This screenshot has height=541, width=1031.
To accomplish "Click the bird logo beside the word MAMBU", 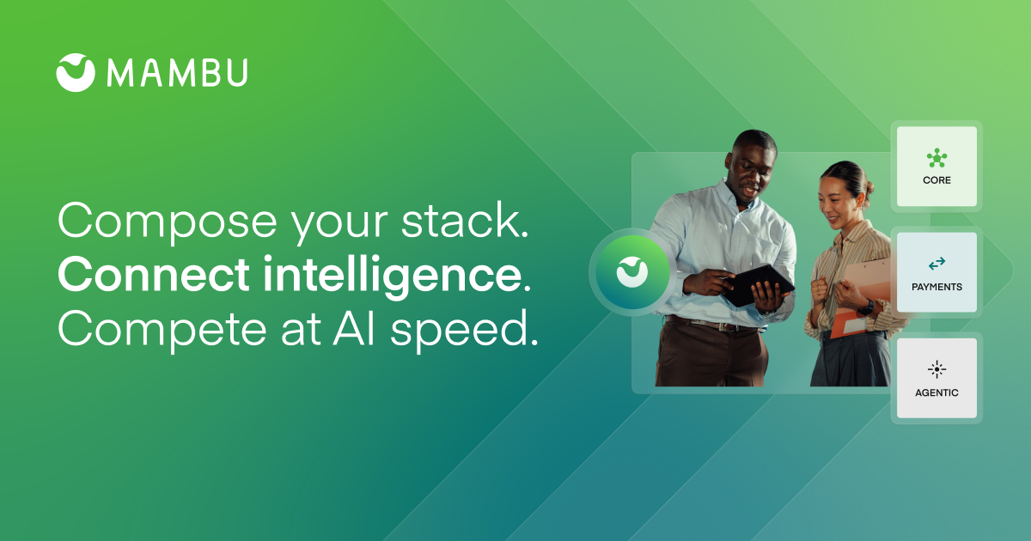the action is (x=76, y=73).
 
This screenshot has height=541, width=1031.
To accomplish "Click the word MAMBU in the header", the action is (x=178, y=73).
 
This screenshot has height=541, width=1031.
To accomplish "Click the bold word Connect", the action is (x=154, y=274).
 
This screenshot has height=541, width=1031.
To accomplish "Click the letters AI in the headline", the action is (x=353, y=327).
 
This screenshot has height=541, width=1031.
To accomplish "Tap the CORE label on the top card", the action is (x=936, y=179).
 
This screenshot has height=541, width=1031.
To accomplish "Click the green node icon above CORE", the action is (x=936, y=158).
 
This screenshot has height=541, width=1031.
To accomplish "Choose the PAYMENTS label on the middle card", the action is (x=936, y=287).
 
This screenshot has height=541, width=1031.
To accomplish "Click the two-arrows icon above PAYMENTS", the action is (x=936, y=263).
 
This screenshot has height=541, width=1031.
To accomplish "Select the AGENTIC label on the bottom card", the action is (x=936, y=392).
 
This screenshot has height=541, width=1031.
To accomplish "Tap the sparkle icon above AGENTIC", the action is (x=936, y=369).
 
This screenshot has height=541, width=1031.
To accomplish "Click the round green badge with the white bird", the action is (x=632, y=272).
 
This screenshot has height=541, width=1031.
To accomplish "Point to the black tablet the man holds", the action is (x=760, y=284).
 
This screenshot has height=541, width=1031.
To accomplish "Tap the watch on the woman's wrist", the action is (x=866, y=307).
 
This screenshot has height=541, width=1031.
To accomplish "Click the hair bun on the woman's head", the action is (x=869, y=187).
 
